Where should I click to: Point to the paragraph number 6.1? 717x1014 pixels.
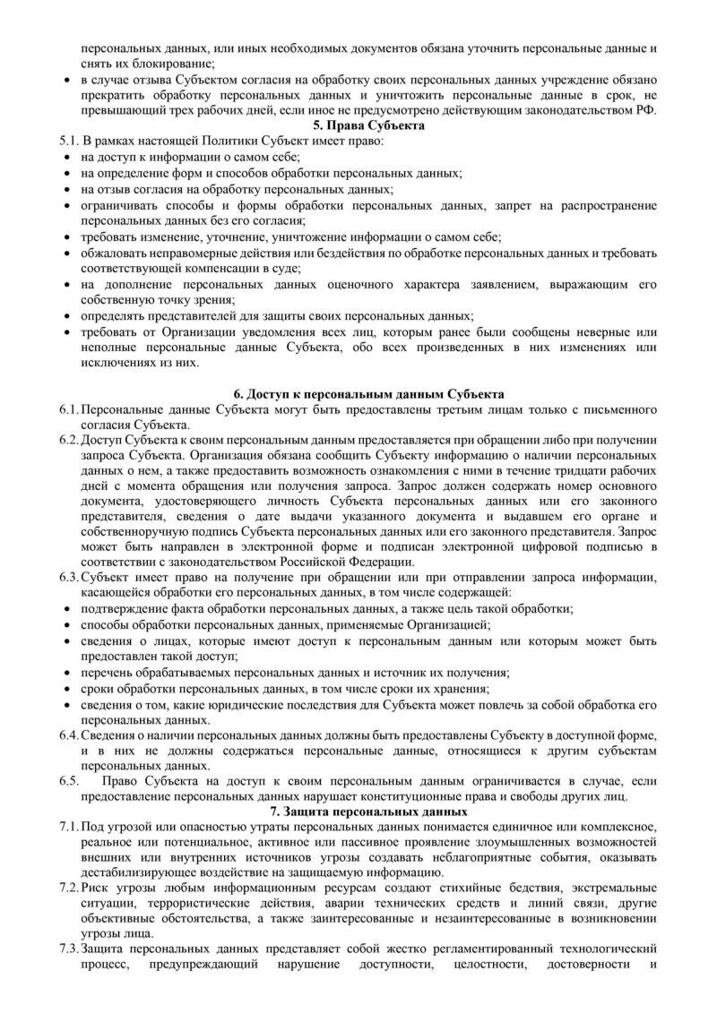(66, 408)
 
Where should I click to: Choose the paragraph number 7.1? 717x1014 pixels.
(66, 826)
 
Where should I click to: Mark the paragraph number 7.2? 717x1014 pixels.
(66, 887)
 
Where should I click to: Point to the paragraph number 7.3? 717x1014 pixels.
(66, 948)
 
